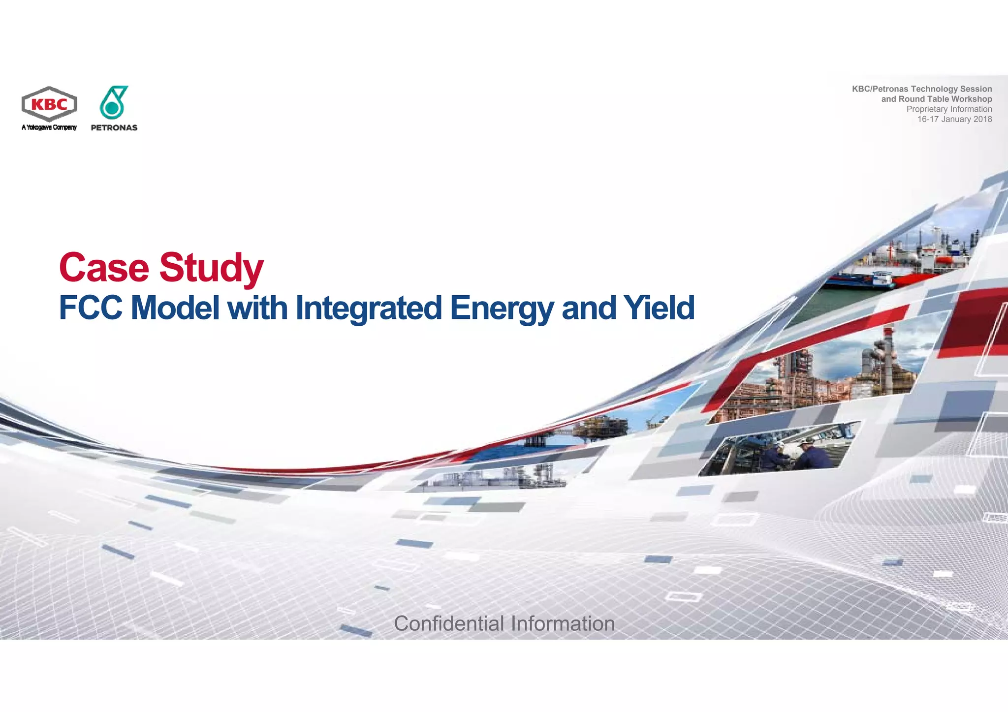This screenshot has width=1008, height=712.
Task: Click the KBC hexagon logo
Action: [49, 104]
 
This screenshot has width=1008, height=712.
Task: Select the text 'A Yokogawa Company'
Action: [49, 127]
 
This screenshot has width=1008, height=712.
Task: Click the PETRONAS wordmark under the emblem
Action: [114, 128]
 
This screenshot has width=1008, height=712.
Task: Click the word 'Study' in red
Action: [212, 268]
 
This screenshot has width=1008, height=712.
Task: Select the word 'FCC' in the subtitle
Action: [91, 308]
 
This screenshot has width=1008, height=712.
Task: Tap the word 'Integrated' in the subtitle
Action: [369, 308]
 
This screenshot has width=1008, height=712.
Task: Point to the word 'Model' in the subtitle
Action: [175, 308]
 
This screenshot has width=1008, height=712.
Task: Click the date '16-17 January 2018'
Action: [954, 119]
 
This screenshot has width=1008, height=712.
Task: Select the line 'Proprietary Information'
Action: [949, 109]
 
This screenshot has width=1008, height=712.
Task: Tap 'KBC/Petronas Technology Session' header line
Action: [922, 89]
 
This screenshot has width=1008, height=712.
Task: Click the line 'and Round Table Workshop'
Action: [936, 99]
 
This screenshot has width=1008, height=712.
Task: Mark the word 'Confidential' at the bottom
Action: [449, 623]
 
